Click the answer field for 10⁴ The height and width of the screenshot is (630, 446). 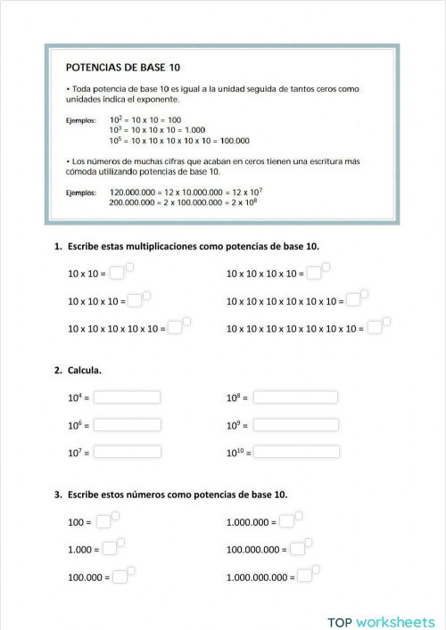coord(127,397)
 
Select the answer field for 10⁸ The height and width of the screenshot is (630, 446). coord(295,397)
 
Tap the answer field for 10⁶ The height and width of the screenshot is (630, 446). coord(127,425)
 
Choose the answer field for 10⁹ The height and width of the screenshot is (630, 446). coord(295,425)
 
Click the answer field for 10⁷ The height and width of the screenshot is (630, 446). coord(127,452)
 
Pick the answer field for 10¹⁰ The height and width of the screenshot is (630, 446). coord(295,452)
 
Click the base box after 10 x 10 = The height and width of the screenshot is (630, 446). coord(116,274)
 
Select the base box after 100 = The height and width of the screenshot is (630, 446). coord(103,522)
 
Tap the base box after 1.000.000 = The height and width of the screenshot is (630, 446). coord(286,522)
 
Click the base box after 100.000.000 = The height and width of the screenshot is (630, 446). coord(297,550)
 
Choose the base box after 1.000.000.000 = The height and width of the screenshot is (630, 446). coord(305,577)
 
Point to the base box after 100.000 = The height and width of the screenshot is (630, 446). coord(119,577)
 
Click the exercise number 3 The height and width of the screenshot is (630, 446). coord(57,494)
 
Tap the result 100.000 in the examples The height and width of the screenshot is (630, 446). coord(235,140)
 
